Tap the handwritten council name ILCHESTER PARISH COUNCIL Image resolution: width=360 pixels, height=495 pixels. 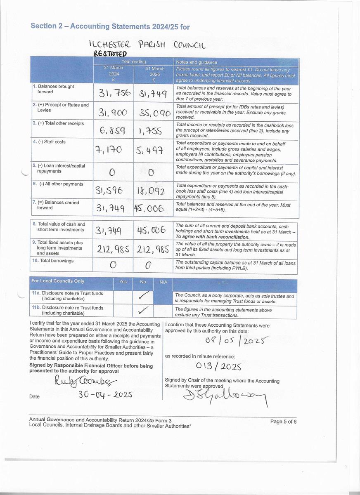[x=147, y=44]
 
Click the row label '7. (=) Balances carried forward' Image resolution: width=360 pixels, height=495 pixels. [x=56, y=205]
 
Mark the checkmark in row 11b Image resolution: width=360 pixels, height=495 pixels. [x=144, y=310]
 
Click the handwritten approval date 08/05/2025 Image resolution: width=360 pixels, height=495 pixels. [x=237, y=341]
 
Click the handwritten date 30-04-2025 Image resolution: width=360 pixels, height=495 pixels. [x=106, y=395]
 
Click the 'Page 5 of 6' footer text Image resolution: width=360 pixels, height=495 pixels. [x=283, y=422]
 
